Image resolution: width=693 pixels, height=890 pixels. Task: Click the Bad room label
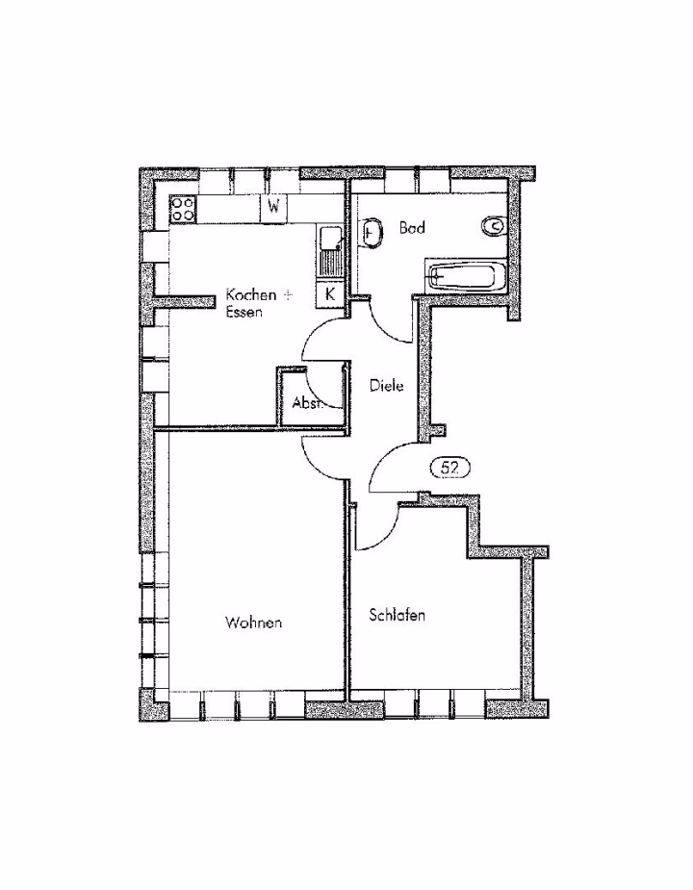(412, 228)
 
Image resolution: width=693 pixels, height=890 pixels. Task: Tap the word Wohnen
(253, 623)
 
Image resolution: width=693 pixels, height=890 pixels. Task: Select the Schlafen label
(398, 615)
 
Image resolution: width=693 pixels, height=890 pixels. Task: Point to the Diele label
(386, 386)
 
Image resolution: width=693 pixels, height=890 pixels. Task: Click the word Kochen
(251, 295)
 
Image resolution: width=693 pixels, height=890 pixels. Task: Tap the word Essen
(244, 312)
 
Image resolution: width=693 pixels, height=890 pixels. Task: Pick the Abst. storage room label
(307, 403)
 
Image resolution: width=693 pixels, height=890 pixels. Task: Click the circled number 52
(450, 469)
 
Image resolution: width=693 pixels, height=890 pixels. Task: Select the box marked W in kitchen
(273, 209)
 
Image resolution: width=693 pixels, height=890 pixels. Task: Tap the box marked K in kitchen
(329, 294)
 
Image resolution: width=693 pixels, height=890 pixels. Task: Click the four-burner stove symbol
(183, 209)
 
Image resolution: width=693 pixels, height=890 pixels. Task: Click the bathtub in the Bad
(466, 277)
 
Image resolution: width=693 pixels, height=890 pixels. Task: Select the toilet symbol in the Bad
(493, 226)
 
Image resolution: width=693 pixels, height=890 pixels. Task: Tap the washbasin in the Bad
(371, 233)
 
